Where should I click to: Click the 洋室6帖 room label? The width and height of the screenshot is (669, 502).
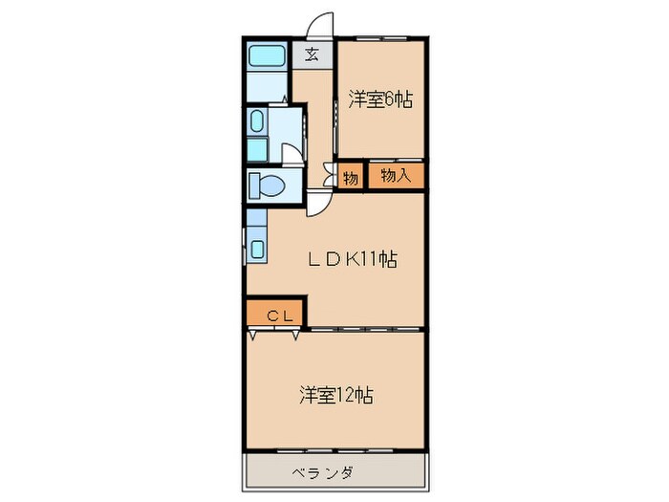379,98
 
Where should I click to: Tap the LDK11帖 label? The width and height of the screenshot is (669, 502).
351,257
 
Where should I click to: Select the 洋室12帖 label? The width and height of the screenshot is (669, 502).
334,394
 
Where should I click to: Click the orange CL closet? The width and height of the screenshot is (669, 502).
275,314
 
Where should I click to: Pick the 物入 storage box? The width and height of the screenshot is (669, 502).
396,176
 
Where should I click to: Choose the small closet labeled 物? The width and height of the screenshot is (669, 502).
351,178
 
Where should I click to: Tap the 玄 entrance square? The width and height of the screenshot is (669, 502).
313,55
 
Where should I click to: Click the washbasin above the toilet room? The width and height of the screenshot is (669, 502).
257,121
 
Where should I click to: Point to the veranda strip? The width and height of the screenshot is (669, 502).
334,472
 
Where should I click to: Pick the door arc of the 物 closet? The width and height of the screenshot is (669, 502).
331,176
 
